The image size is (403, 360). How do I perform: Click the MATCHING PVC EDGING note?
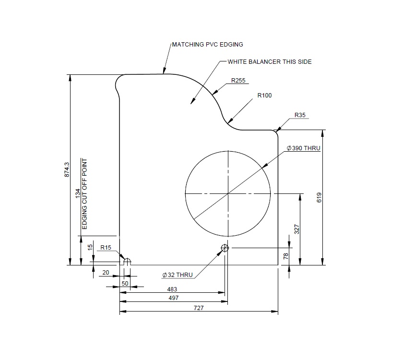(208, 45)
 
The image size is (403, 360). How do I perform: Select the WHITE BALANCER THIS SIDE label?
(269, 62)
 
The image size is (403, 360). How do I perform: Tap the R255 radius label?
(238, 81)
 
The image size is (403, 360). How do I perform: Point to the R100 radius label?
(264, 96)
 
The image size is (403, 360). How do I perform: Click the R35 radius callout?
(300, 116)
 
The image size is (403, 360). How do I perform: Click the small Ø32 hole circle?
(225, 248)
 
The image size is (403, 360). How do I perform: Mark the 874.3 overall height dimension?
(67, 169)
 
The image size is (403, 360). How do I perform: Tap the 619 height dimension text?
(319, 197)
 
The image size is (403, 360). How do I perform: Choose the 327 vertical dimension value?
(296, 229)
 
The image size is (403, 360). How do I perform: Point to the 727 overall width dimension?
(199, 308)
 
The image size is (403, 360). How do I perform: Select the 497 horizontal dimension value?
(173, 298)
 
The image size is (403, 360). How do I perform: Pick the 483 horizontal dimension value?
(172, 289)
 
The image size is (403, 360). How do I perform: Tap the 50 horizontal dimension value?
(125, 284)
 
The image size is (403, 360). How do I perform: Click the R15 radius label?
(106, 248)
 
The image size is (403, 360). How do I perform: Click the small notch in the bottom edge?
(127, 262)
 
